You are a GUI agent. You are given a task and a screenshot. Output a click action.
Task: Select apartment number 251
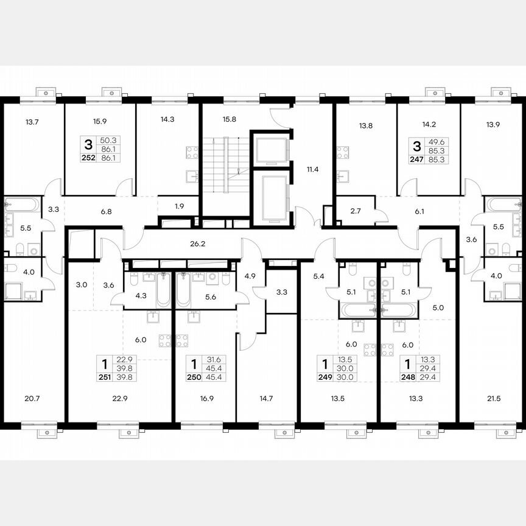pyautogui.click(x=105, y=377)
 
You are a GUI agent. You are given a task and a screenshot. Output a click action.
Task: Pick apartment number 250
pyautogui.click(x=194, y=377)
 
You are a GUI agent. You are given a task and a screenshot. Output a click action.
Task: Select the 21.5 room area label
pyautogui.click(x=493, y=399)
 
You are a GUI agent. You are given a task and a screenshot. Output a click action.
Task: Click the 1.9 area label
pyautogui.click(x=179, y=206)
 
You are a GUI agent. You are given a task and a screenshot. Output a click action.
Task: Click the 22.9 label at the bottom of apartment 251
pyautogui.click(x=121, y=399)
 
